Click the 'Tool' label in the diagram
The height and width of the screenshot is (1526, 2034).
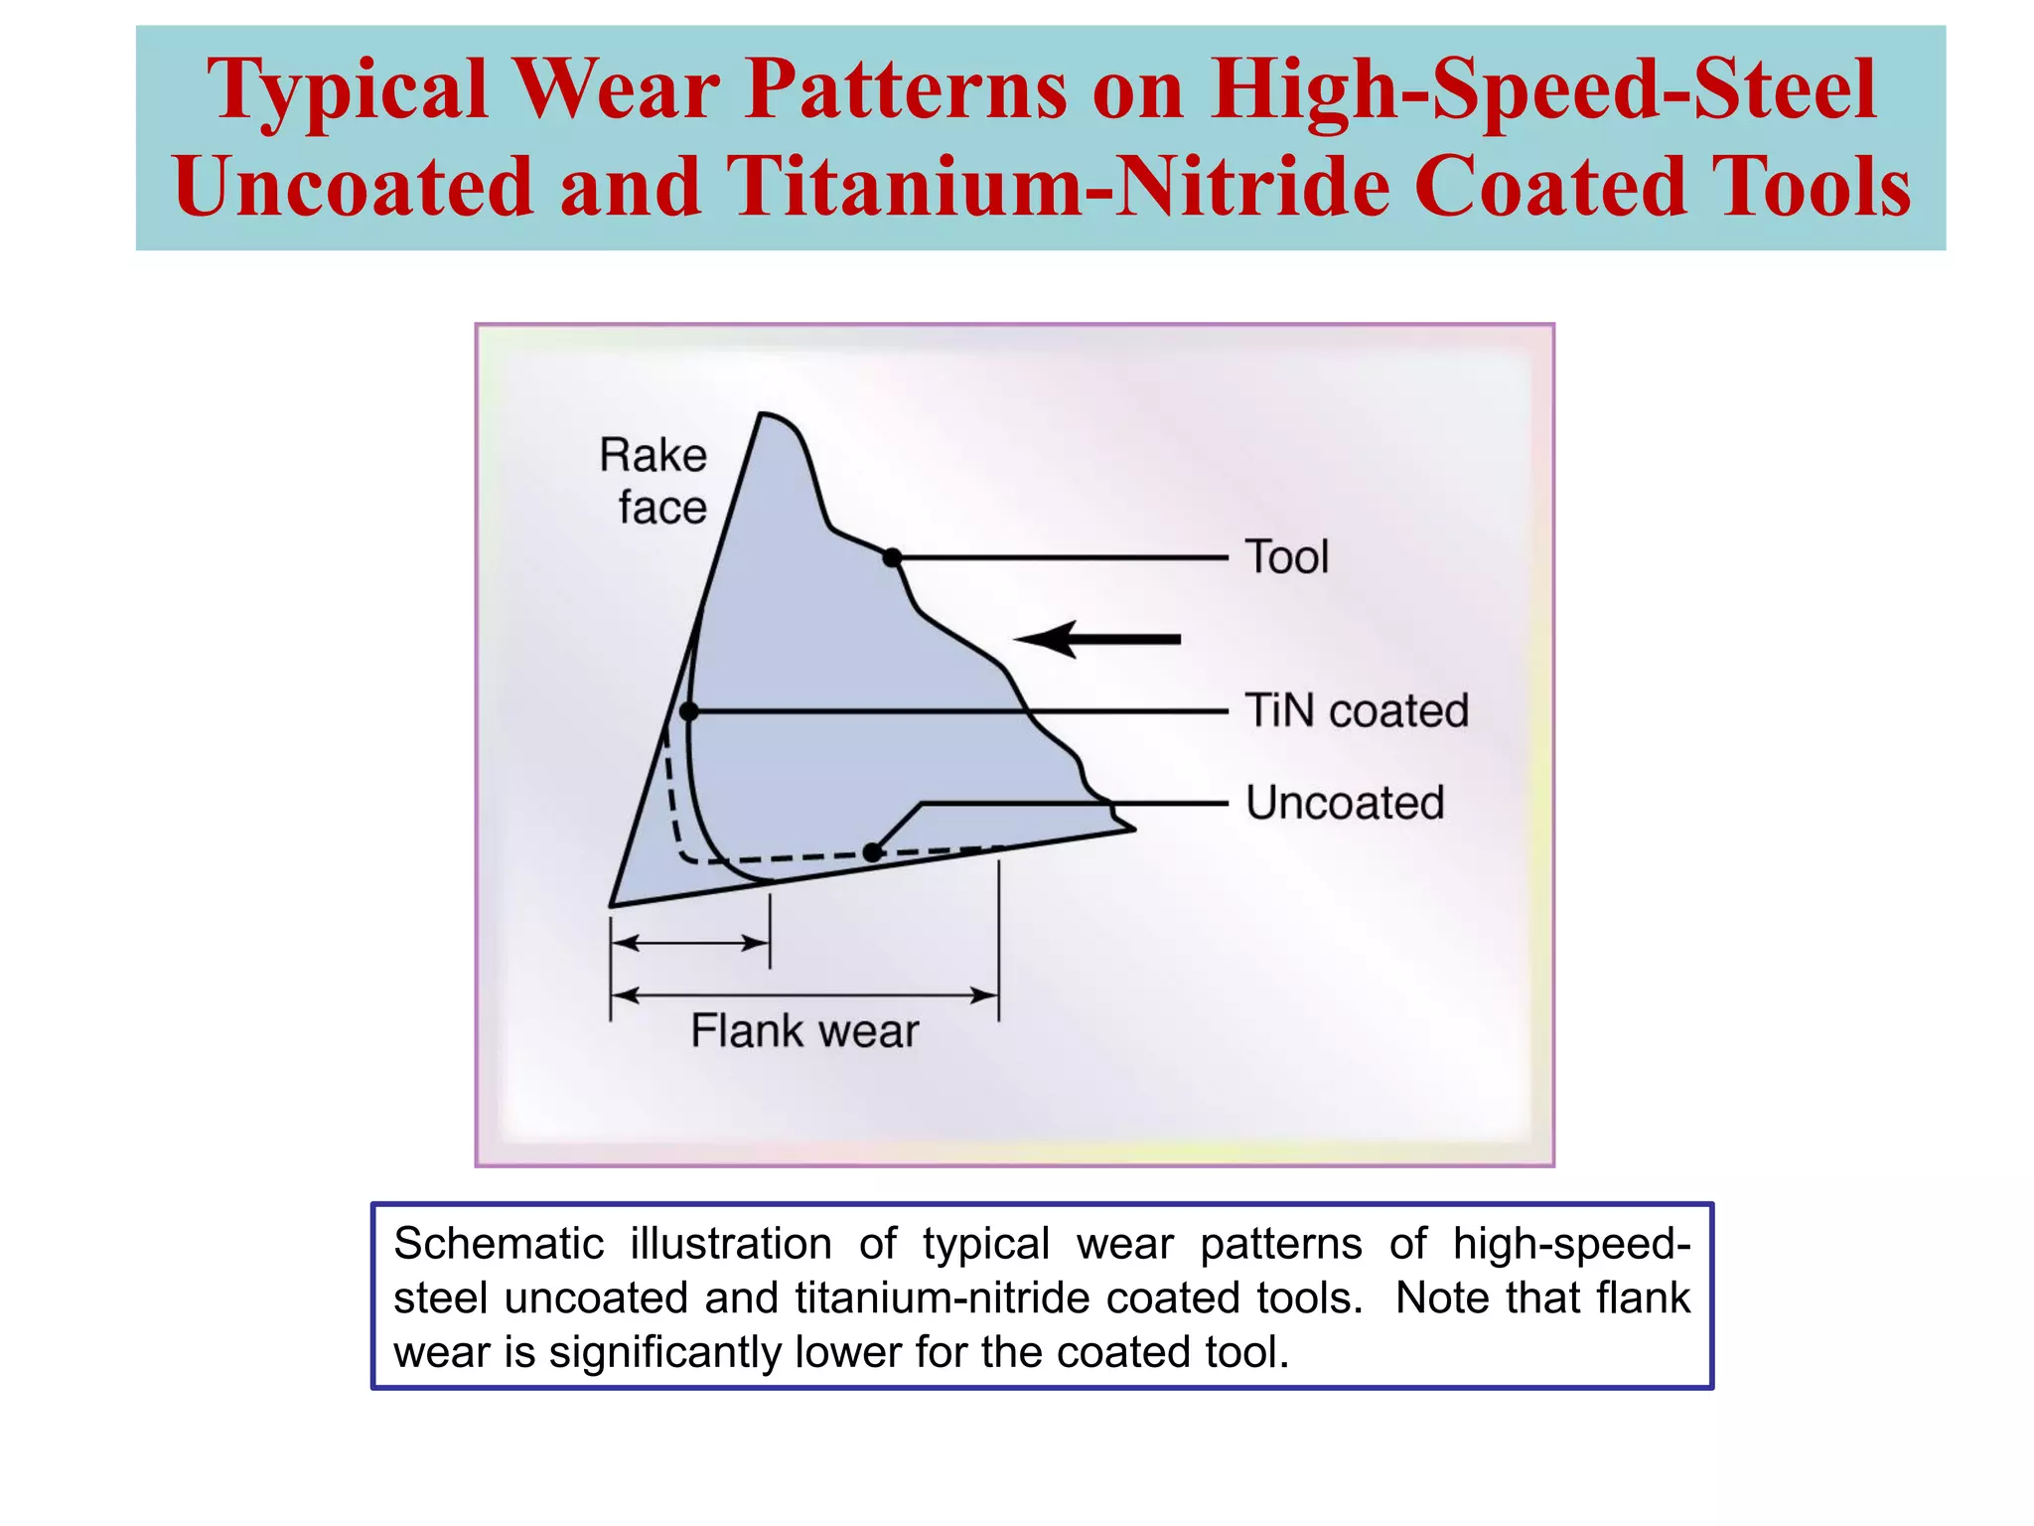coord(1287,557)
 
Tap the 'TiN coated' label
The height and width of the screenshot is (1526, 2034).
coord(1357,711)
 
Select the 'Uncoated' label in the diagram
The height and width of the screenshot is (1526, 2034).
coord(1345,803)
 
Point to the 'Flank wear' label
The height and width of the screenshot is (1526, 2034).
coord(804,1030)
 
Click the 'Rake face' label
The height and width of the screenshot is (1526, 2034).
coord(654,482)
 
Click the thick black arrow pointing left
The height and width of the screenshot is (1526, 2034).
coord(1097,639)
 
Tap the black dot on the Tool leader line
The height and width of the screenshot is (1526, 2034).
coord(892,558)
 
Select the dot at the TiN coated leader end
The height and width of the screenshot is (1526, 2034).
coord(689,711)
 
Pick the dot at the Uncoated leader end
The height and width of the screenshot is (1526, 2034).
coord(872,852)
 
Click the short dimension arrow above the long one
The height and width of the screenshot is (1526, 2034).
coord(690,943)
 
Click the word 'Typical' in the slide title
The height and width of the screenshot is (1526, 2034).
coord(348,89)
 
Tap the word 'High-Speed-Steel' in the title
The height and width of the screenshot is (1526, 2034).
coord(1543,89)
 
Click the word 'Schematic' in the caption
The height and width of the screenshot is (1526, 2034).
coord(499,1244)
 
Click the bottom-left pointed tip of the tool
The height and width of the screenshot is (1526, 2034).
coord(613,904)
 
